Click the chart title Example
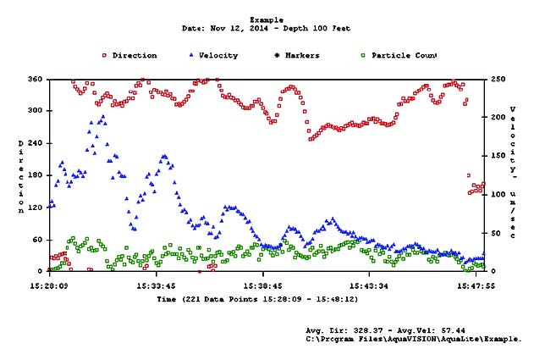click(267, 19)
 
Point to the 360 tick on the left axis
click(35, 79)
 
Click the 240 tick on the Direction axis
click(35, 143)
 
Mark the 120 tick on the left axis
click(35, 208)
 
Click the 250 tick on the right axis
click(496, 79)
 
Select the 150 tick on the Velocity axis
click(496, 156)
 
